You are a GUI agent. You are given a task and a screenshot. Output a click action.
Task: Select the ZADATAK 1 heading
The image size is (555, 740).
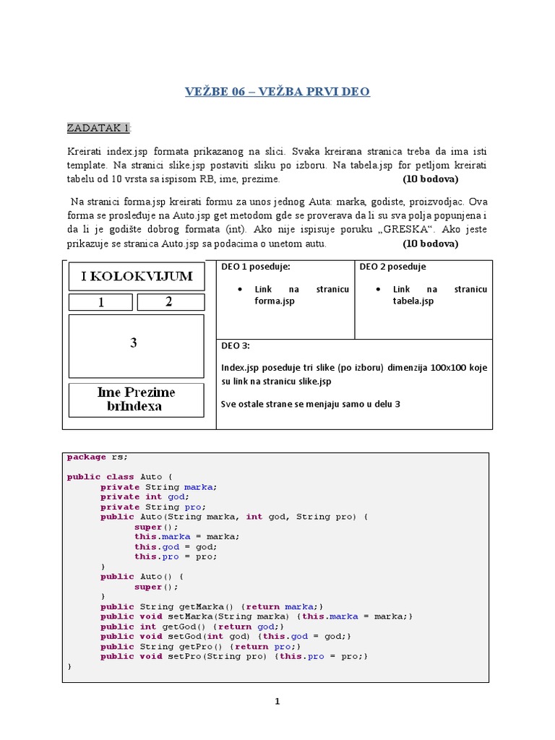pos(99,128)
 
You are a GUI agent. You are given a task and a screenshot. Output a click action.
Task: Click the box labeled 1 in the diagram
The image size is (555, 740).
pos(100,302)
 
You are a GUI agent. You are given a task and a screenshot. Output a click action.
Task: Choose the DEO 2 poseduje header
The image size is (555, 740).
pos(392,267)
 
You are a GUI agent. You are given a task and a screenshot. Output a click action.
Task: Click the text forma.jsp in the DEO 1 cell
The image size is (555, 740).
pos(275,301)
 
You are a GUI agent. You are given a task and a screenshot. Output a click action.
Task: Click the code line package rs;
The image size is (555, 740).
pos(97,457)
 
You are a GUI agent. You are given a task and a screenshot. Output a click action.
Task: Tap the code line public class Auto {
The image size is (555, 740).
pos(120,477)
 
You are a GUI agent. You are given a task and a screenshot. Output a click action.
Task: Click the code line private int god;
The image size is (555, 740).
pos(145,497)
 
